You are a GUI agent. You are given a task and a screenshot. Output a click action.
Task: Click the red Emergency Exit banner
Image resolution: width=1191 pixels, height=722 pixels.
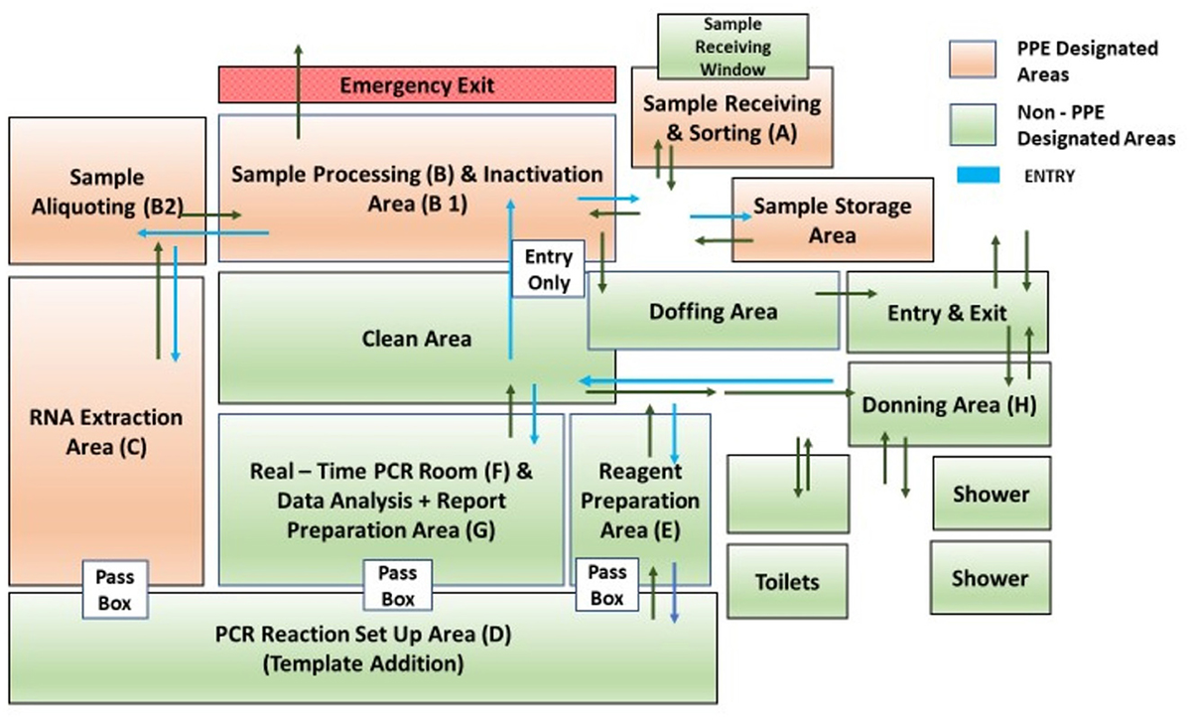417,84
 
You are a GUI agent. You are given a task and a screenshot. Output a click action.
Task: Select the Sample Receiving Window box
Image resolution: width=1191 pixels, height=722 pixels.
733,46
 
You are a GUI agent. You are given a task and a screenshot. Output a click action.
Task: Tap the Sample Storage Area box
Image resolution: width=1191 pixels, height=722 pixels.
832,220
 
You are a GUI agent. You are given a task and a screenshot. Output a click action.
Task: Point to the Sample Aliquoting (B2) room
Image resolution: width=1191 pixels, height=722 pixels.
106,191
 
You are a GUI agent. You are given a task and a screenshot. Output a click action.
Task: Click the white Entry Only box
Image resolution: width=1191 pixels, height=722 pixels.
548,269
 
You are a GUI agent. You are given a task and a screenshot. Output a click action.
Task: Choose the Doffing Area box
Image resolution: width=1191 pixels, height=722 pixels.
713,311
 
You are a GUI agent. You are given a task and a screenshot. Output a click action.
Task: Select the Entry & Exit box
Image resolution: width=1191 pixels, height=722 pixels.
947,313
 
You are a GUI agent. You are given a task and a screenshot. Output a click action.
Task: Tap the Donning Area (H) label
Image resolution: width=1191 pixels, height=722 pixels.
948,405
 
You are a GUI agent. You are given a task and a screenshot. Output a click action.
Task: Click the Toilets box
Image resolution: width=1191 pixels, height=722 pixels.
787,581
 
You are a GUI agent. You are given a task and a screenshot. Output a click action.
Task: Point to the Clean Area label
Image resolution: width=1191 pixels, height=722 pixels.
416,339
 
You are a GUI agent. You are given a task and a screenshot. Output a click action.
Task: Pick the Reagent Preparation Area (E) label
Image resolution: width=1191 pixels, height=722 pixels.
640,501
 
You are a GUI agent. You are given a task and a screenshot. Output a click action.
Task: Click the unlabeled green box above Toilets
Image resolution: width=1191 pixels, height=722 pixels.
788,494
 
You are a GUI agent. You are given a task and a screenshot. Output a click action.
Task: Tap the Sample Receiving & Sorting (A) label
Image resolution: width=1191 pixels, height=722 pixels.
731,117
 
